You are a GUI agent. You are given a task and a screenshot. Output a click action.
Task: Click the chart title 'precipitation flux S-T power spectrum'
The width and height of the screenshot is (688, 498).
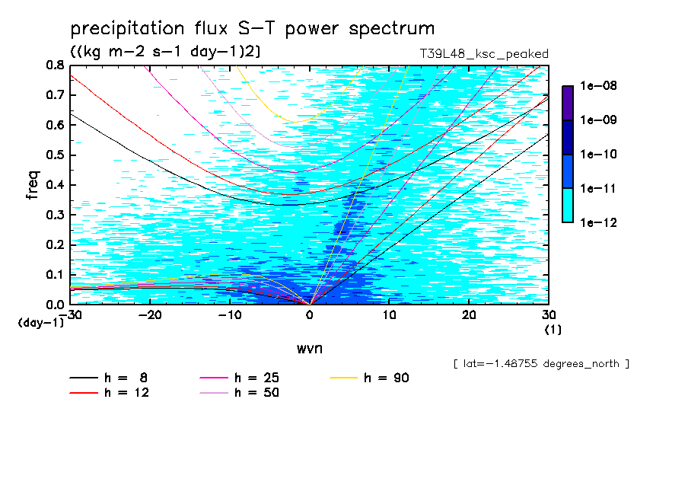coord(252,30)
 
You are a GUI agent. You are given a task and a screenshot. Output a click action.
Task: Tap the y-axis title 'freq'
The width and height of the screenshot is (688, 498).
coord(34,185)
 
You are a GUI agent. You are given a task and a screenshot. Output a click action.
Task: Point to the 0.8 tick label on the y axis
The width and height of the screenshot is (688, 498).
coord(55,65)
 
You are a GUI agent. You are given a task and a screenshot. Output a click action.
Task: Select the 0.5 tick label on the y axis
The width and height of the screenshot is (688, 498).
coord(55,155)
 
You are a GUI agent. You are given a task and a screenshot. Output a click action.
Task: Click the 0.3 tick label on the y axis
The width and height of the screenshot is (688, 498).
coord(55,215)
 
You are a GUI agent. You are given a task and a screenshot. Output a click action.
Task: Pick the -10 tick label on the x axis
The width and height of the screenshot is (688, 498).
coord(229,314)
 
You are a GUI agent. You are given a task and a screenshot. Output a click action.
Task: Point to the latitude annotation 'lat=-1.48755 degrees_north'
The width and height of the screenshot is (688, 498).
coord(541,363)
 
